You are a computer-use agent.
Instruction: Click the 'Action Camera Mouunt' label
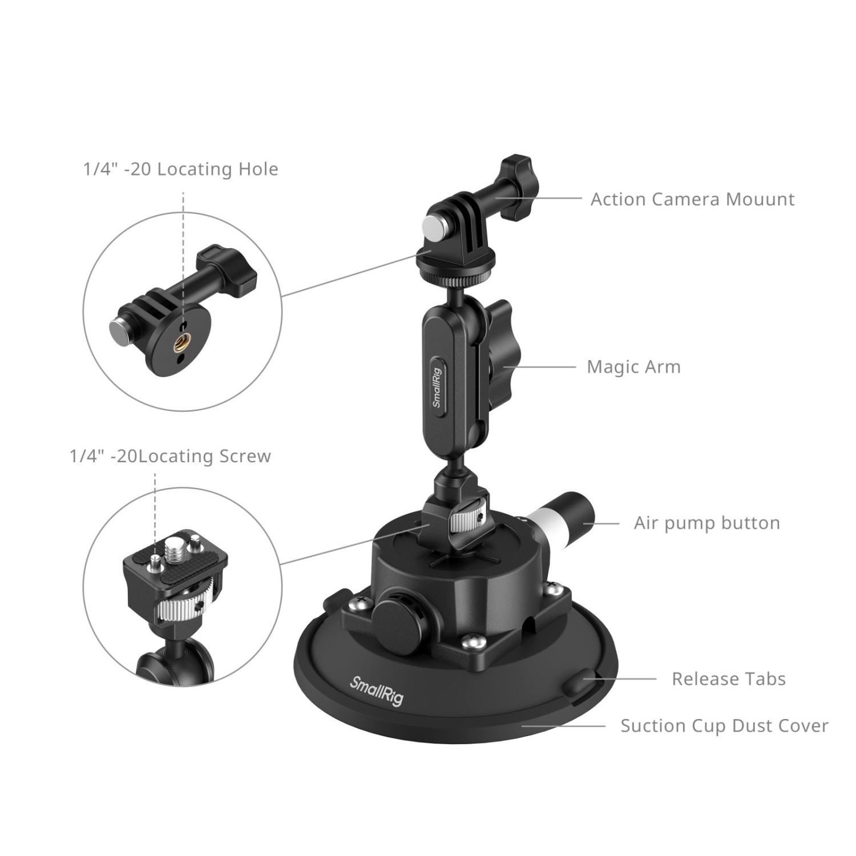point(692,199)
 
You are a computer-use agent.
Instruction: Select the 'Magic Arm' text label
point(634,366)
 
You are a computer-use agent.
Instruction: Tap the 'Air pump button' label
point(706,523)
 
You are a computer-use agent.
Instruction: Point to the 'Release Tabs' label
point(729,679)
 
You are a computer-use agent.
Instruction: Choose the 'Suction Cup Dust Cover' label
point(724,725)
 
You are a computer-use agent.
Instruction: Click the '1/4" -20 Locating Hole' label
point(181,169)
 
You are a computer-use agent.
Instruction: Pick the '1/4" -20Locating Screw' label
point(170,456)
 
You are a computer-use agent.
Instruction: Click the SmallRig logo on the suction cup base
point(377,691)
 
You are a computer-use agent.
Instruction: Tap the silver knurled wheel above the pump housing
point(466,520)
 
